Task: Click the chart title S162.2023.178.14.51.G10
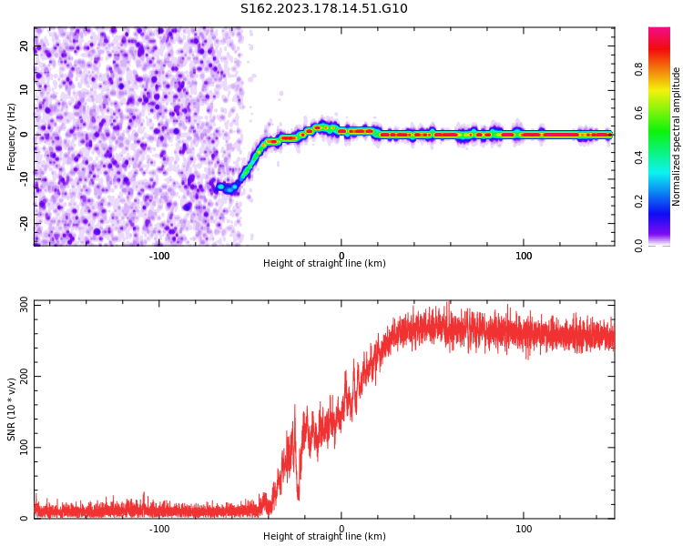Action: pyautogui.click(x=323, y=9)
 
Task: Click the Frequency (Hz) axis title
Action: pyautogui.click(x=12, y=136)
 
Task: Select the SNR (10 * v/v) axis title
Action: pyautogui.click(x=12, y=409)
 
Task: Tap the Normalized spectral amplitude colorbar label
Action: pyautogui.click(x=677, y=136)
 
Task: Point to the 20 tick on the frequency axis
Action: pyautogui.click(x=25, y=45)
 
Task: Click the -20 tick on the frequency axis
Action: pyautogui.click(x=25, y=223)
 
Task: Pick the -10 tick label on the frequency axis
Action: pyautogui.click(x=25, y=178)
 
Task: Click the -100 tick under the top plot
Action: pyautogui.click(x=159, y=256)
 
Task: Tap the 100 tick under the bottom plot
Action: pyautogui.click(x=524, y=529)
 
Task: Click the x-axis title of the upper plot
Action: pyautogui.click(x=324, y=264)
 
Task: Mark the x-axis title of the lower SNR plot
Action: pyautogui.click(x=324, y=537)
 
